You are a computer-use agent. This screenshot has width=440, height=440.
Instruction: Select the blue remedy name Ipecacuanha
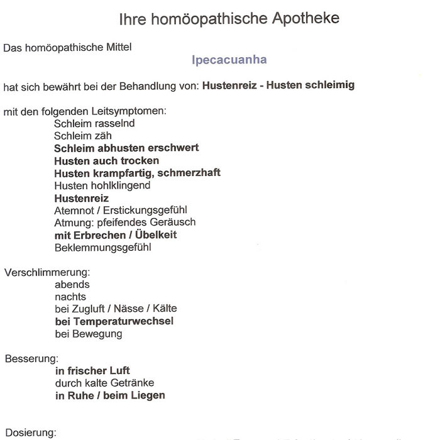[229, 60]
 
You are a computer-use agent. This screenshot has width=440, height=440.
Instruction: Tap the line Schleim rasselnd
[94, 123]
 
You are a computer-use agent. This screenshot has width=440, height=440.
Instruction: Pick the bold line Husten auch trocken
[106, 160]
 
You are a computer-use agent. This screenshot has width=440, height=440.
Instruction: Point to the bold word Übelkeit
[154, 234]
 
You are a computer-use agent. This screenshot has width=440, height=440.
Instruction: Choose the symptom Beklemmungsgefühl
[102, 247]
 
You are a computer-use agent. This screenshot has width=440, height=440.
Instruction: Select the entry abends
[72, 284]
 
